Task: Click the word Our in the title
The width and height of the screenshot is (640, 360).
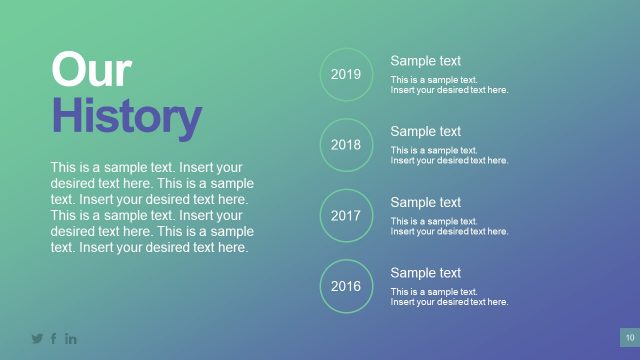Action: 91,72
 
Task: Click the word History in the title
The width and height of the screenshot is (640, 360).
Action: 126,118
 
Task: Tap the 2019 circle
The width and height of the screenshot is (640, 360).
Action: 346,74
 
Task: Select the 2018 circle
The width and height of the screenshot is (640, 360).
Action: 346,145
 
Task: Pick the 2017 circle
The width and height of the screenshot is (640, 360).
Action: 346,215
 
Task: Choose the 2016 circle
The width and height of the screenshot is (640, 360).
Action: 346,286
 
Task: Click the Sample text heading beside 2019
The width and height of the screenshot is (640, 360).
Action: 425,61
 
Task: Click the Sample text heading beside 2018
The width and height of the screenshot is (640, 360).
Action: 425,131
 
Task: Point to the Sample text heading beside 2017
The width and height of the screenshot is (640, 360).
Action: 425,202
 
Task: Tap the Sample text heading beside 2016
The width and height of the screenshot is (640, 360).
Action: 425,272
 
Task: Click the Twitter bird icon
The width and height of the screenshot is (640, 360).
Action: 37,338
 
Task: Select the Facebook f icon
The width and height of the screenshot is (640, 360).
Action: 54,338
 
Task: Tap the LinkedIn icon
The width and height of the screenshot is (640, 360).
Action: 71,338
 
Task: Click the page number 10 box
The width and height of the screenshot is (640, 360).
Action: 630,337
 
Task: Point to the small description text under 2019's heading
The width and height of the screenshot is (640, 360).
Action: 449,85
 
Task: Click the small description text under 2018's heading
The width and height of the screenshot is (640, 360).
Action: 449,155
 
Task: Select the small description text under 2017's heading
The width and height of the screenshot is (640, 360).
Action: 449,226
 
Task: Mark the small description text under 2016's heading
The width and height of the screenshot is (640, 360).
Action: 449,296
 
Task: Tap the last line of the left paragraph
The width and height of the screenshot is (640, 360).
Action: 149,247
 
